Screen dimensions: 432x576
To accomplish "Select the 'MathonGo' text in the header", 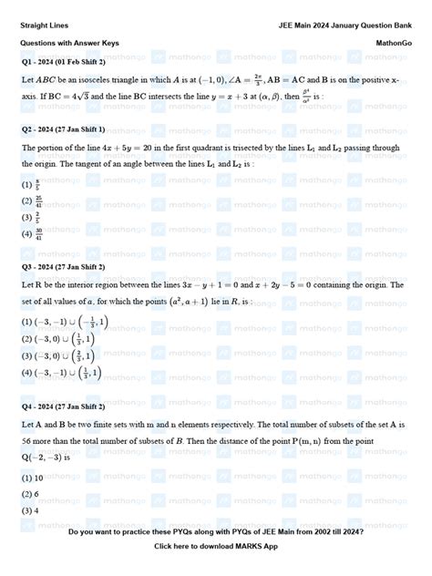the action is [x=394, y=43].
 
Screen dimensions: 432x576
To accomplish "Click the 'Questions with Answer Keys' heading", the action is [x=67, y=43].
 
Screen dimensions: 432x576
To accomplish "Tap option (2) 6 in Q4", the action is [x=31, y=494].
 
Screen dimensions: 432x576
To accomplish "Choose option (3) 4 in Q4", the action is [x=31, y=510].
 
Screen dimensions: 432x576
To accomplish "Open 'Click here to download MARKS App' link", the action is [x=216, y=546].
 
